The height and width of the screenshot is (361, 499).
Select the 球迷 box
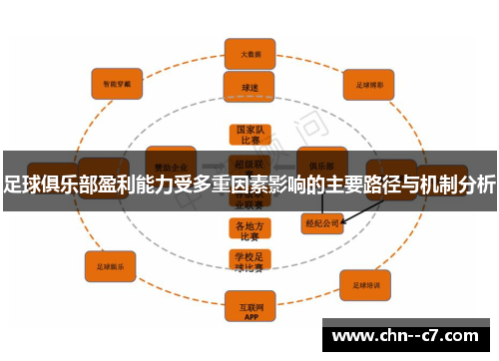click(249, 87)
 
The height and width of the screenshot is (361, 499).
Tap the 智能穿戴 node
click(117, 83)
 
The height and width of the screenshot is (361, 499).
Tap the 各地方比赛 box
click(249, 231)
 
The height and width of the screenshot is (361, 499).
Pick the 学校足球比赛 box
click(249, 261)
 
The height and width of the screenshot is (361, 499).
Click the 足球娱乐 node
click(110, 267)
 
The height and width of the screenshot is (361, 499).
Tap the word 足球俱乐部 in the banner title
click(44, 183)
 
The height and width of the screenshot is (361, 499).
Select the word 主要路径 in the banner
click(357, 183)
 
